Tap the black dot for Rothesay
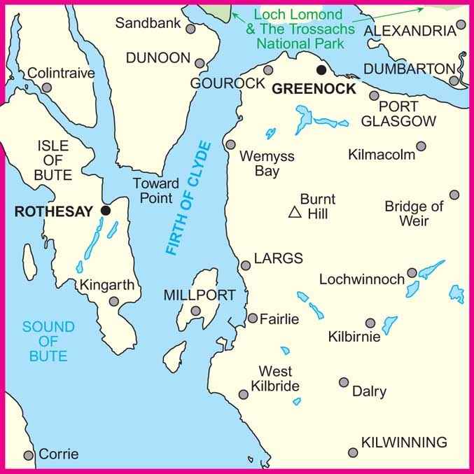pos(106,210)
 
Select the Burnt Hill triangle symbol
pos(295,212)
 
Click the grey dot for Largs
pos(246,265)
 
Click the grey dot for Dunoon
pos(200,63)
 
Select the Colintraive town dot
pos(47,88)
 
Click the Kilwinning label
pos(404,442)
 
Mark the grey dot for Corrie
pos(29,455)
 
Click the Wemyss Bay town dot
pos(230,144)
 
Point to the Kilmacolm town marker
pos(421,146)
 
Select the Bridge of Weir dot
pos(454,195)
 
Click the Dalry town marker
pos(344,382)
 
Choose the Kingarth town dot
pos(114,302)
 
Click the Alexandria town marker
pos(461,25)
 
